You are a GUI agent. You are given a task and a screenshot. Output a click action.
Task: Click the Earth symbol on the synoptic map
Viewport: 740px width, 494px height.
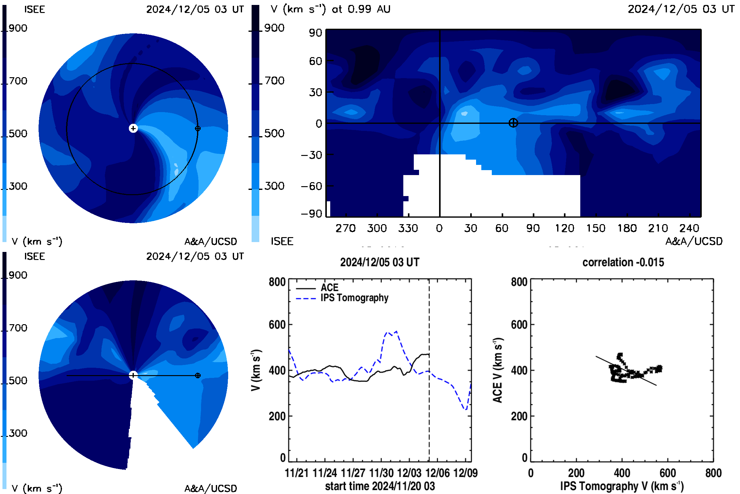(x=513, y=123)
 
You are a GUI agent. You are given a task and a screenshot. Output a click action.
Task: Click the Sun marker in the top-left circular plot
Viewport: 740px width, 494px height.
(x=133, y=128)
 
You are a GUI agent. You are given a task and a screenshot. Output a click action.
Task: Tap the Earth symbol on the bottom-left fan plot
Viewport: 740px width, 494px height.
(x=198, y=375)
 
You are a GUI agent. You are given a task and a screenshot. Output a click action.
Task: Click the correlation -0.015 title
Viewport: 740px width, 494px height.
(x=623, y=262)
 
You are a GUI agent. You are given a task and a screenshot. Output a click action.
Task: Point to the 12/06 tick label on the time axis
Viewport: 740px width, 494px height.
(x=437, y=473)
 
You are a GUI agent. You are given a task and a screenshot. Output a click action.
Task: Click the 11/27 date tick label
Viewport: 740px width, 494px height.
(x=353, y=473)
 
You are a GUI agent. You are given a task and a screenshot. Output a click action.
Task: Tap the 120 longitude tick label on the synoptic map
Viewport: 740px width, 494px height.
(x=565, y=228)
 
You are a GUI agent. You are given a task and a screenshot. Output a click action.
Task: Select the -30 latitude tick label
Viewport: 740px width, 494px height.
(x=311, y=155)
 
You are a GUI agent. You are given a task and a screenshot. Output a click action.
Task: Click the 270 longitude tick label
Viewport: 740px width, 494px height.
(x=345, y=228)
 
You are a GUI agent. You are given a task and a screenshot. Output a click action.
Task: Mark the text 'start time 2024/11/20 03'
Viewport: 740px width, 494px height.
(x=380, y=486)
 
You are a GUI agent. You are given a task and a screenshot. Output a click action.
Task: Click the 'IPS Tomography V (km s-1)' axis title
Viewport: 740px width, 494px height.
(x=622, y=486)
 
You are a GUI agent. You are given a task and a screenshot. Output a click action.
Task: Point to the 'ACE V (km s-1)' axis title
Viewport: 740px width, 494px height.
(x=498, y=370)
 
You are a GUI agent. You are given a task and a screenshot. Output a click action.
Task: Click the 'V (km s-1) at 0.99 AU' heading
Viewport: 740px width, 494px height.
(x=330, y=9)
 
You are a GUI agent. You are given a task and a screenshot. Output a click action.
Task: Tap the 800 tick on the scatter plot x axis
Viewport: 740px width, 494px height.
(x=713, y=473)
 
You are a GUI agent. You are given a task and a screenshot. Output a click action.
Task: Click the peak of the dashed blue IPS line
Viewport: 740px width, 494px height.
(x=397, y=331)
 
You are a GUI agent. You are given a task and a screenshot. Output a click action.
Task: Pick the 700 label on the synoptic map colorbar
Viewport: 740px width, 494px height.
(x=274, y=81)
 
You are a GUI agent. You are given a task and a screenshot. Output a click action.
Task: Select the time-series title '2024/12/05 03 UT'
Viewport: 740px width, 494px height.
(x=380, y=262)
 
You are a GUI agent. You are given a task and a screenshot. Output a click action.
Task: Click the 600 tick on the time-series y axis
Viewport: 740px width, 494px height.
(x=277, y=324)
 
